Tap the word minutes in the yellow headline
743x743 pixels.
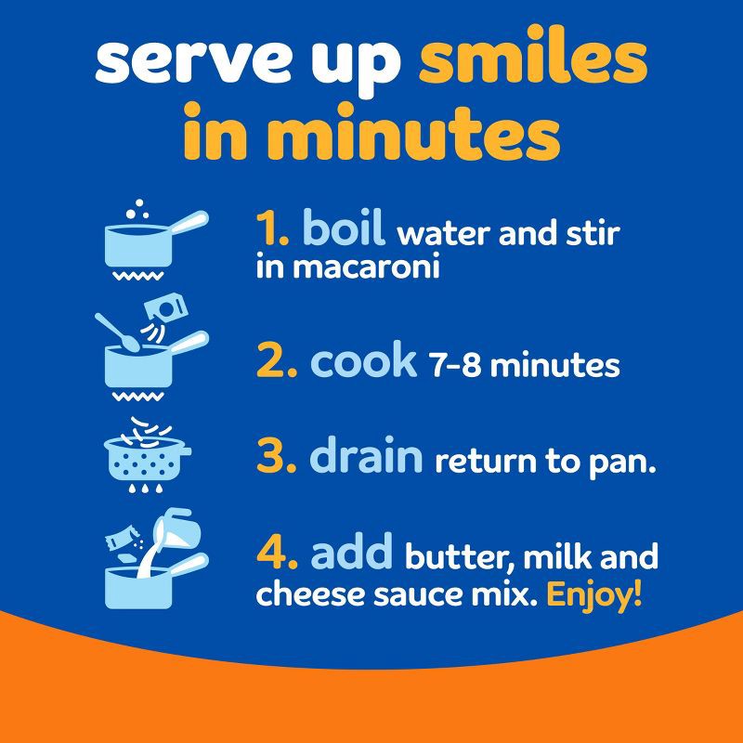[412, 132]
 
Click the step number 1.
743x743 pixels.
[272, 229]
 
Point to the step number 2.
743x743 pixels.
[277, 361]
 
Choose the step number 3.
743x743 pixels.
[277, 456]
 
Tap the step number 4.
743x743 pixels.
[277, 553]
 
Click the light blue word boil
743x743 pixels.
[343, 227]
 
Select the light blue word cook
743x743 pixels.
[363, 361]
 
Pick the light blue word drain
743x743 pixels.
[366, 453]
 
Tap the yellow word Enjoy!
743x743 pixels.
[594, 594]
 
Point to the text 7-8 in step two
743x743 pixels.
[455, 365]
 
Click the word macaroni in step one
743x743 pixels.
[366, 267]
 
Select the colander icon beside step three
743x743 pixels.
[148, 455]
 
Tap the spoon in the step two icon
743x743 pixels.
[117, 332]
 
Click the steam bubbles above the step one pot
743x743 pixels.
[137, 210]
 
